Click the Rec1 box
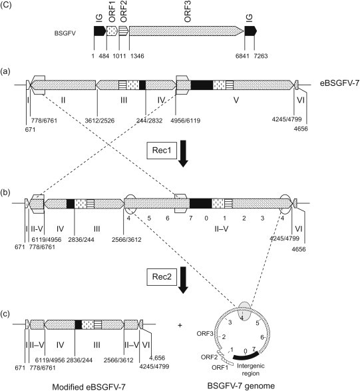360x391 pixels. click(162, 151)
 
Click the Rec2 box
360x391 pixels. click(162, 277)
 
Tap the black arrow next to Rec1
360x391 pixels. click(183, 154)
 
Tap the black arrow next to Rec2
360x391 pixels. click(183, 280)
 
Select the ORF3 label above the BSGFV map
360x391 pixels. click(188, 13)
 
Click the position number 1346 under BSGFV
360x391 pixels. click(137, 56)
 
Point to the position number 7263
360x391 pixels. click(261, 56)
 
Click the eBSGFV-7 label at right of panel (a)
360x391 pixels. click(340, 83)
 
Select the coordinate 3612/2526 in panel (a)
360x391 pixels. click(100, 121)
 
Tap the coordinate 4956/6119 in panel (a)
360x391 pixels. click(186, 121)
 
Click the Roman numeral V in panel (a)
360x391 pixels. click(236, 100)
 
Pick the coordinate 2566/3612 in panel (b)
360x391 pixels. click(126, 240)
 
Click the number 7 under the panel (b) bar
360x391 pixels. click(190, 218)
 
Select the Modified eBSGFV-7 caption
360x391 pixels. click(89, 387)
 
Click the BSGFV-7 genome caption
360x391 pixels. click(241, 386)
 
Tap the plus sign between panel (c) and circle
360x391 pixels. click(180, 325)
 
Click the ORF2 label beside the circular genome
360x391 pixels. click(209, 357)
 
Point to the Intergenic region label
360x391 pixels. click(251, 370)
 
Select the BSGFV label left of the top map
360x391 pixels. click(65, 33)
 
